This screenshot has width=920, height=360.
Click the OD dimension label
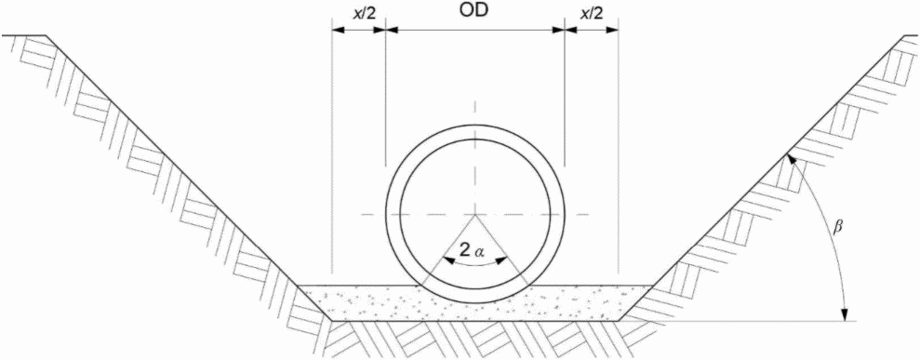[x=474, y=12]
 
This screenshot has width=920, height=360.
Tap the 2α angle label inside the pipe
[x=473, y=250]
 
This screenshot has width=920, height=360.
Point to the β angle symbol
[x=838, y=226]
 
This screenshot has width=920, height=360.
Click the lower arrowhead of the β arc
[x=846, y=314]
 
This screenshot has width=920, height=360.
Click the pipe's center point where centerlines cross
[x=474, y=215]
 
